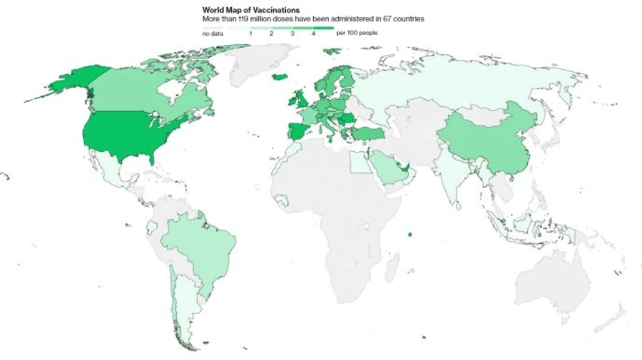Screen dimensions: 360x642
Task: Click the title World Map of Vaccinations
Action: pos(249,11)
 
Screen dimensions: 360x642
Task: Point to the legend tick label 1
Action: pos(250,34)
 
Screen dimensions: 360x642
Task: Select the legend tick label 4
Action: pos(313,34)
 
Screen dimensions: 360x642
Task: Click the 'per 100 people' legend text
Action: pos(357,34)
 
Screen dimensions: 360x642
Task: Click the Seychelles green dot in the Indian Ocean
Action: pos(409,235)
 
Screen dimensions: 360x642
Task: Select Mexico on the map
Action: pos(107,171)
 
